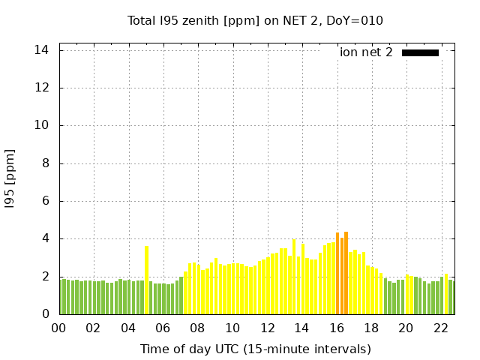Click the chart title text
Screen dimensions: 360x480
click(x=255, y=20)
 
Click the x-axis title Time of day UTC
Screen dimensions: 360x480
click(x=255, y=349)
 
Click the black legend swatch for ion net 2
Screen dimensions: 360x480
click(x=420, y=52)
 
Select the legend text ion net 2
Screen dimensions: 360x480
click(x=366, y=52)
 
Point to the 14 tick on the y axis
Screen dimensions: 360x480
click(x=42, y=50)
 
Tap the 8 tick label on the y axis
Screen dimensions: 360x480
click(x=45, y=163)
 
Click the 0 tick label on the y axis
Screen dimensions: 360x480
click(x=45, y=314)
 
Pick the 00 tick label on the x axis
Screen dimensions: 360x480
click(x=59, y=328)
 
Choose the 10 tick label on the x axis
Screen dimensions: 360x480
click(x=232, y=328)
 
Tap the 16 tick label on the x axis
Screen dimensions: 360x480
click(x=337, y=328)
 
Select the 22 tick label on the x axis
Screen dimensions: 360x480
click(x=441, y=328)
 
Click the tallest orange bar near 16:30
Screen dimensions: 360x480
click(x=346, y=273)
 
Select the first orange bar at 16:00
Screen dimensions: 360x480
click(x=337, y=274)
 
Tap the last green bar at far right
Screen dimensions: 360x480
click(x=451, y=297)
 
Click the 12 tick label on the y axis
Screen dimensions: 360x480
click(x=42, y=88)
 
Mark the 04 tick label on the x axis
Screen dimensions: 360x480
click(x=128, y=328)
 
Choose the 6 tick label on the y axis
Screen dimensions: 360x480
click(x=45, y=201)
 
